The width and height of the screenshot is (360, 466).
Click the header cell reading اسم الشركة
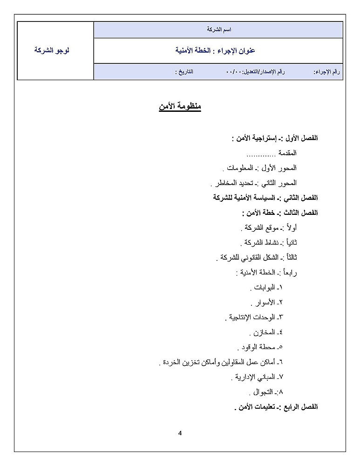pyautogui.click(x=219, y=29)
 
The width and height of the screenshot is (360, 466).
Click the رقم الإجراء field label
pyautogui.click(x=327, y=72)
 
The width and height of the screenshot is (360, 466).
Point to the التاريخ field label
pyautogui.click(x=184, y=72)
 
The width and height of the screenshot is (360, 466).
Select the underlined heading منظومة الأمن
pyautogui.click(x=180, y=107)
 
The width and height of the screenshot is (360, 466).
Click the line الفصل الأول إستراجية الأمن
pyautogui.click(x=274, y=138)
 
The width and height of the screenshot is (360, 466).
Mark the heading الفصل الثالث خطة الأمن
pyautogui.click(x=279, y=212)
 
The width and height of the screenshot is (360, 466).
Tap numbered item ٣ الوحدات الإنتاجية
pyautogui.click(x=254, y=317)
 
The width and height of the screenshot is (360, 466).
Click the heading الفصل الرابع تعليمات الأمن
pyautogui.click(x=276, y=407)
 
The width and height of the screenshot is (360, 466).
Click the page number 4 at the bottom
pyautogui.click(x=180, y=433)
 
